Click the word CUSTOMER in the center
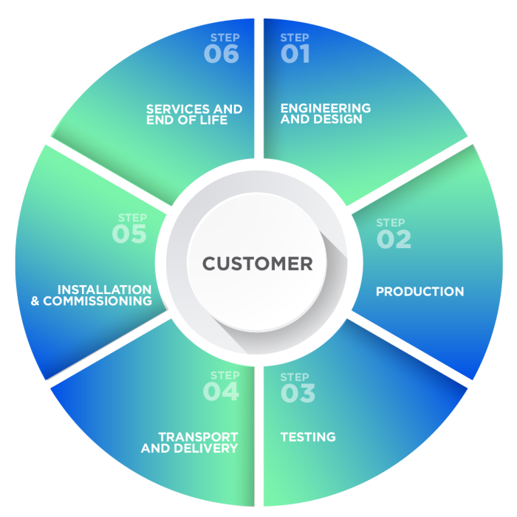click(257, 264)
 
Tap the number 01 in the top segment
click(295, 55)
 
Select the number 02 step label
click(394, 239)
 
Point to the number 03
click(298, 394)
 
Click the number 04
click(222, 391)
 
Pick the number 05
click(129, 234)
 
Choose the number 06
click(222, 55)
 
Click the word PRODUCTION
click(420, 292)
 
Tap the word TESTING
click(308, 437)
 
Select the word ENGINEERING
click(325, 109)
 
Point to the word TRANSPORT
click(198, 437)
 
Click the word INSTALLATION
click(104, 290)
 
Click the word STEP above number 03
click(295, 377)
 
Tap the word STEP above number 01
click(295, 38)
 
